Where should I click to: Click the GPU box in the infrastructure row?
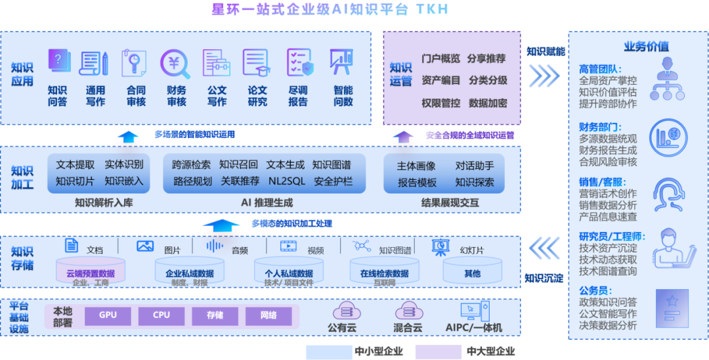(x=108, y=316)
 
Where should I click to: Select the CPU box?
(x=161, y=316)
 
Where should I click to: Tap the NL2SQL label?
(x=287, y=181)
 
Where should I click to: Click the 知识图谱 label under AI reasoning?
(x=332, y=165)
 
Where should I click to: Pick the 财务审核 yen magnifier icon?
(x=175, y=64)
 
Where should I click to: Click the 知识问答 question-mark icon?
(x=58, y=62)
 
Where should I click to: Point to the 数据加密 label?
(x=488, y=103)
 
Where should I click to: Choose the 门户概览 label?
(x=440, y=58)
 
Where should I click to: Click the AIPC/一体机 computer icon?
(x=473, y=310)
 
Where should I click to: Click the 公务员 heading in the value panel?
(x=595, y=290)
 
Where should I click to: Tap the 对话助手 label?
(x=475, y=166)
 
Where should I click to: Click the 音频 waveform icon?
(x=215, y=247)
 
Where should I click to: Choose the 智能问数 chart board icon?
(x=341, y=63)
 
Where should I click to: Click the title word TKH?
(x=433, y=10)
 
